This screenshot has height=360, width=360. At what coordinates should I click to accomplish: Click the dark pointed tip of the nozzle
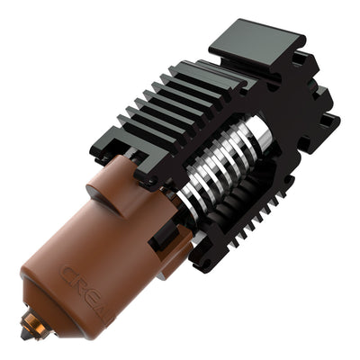[x=25, y=335]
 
